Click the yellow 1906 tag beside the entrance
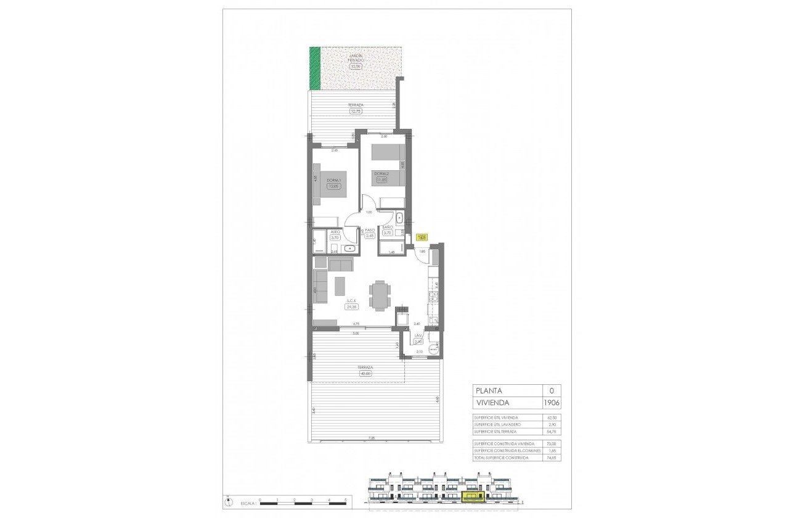click(422, 236)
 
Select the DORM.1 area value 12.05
click(333, 186)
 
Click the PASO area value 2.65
click(370, 235)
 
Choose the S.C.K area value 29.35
click(352, 306)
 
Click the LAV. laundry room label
click(417, 336)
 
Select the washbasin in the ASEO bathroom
click(349, 248)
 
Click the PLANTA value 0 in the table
click(552, 390)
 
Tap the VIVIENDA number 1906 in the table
click(552, 402)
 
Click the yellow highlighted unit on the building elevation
click(474, 496)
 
